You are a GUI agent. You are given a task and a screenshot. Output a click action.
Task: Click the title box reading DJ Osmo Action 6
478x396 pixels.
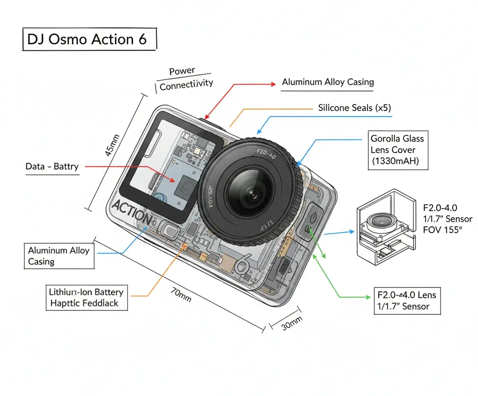pos(89,39)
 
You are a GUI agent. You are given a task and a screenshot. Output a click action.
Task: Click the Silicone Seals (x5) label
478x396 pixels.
pos(354,108)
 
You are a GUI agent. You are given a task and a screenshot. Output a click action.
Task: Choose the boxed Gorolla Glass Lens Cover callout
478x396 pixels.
pos(397,150)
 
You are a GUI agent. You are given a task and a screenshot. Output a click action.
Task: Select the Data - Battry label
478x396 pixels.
pos(52,166)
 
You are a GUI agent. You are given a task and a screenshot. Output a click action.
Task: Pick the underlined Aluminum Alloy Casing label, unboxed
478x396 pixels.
pos(328,82)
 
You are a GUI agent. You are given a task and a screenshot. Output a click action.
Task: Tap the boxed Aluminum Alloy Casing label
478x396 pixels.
pos(59,256)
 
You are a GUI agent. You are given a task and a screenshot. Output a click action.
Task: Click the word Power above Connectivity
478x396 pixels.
pos(182,71)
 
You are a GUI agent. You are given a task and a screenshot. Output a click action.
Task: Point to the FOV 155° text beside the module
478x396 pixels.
pos(443,230)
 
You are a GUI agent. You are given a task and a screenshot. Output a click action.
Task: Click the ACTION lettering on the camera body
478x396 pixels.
pos(132,212)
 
